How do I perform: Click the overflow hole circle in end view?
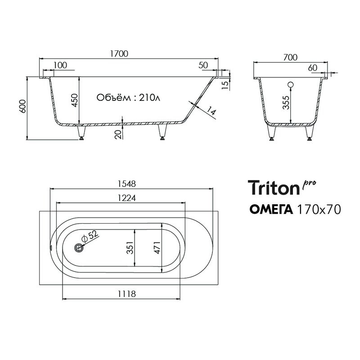pyautogui.click(x=290, y=84)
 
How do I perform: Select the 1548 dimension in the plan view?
pyautogui.click(x=126, y=183)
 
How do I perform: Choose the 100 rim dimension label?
pyautogui.click(x=60, y=65)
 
